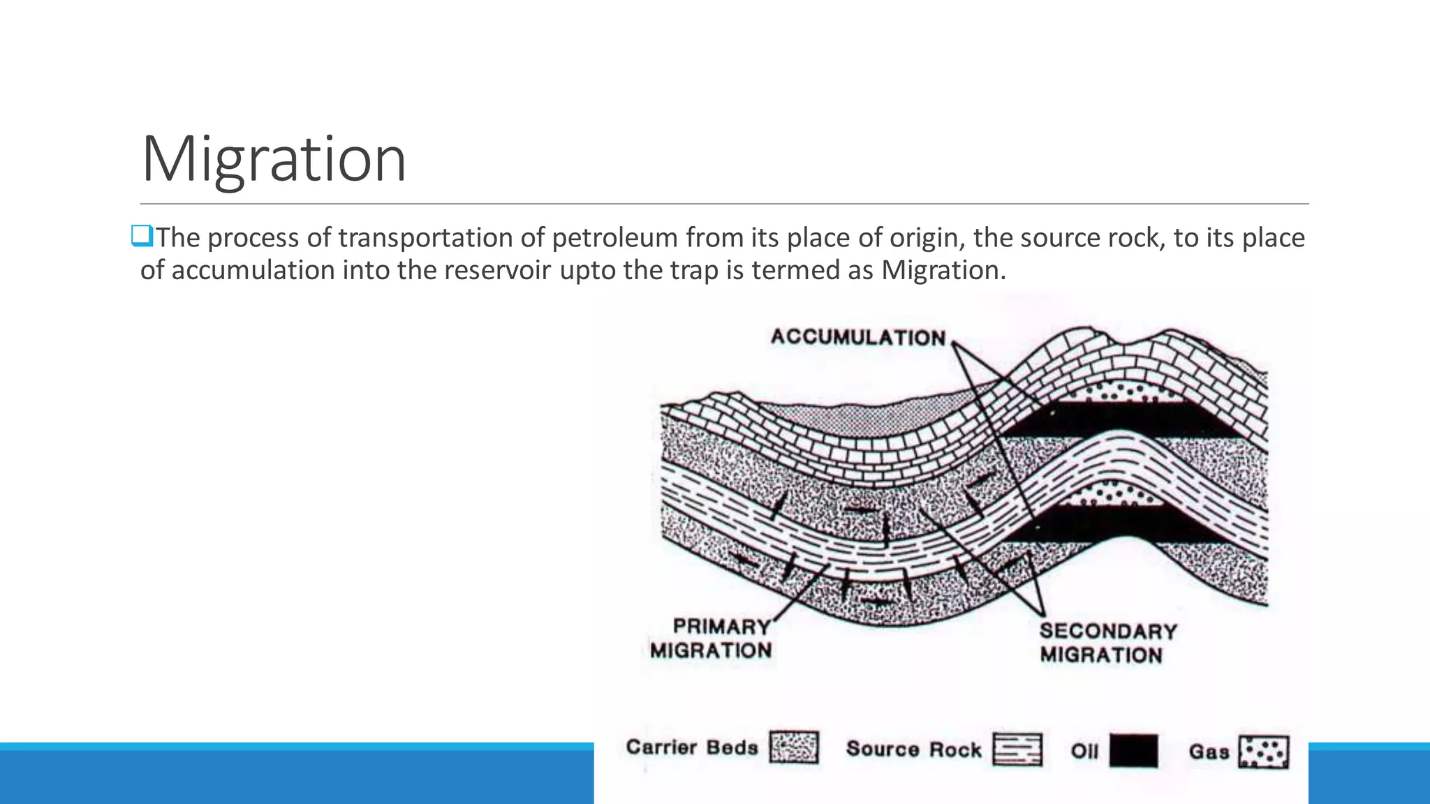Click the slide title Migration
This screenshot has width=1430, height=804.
[x=273, y=159]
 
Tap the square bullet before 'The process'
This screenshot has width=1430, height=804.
[x=142, y=237]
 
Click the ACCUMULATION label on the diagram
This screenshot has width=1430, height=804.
[x=858, y=338]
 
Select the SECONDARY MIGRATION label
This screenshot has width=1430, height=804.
[x=1107, y=643]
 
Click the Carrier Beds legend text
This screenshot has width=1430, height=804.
[x=692, y=747]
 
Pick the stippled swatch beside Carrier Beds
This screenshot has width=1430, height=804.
[x=794, y=748]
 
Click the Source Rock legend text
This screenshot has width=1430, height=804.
[x=914, y=750]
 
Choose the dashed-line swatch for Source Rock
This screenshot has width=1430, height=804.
[x=1017, y=750]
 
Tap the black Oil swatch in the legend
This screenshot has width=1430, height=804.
[x=1133, y=751]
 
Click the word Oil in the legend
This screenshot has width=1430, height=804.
[x=1084, y=752]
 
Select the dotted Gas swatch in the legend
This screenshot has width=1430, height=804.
[x=1263, y=752]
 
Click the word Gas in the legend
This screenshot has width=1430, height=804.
[x=1209, y=752]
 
